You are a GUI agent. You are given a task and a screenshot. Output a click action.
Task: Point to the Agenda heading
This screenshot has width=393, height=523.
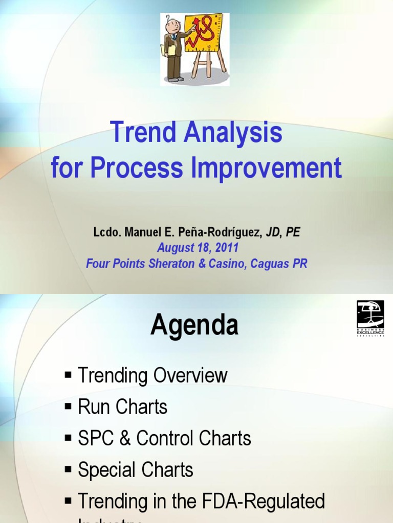click(x=194, y=325)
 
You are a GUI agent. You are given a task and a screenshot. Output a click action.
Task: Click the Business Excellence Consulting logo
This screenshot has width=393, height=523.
click(x=370, y=318)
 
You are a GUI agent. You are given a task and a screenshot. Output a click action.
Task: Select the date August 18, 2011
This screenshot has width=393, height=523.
click(x=198, y=248)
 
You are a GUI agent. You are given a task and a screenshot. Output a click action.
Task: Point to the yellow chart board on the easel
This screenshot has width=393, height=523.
click(x=203, y=33)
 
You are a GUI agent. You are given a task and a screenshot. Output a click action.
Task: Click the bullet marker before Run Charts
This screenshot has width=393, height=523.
click(x=69, y=407)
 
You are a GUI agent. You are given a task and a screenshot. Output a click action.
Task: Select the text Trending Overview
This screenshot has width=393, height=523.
click(x=152, y=375)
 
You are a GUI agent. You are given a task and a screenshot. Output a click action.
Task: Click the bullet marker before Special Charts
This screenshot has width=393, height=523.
click(x=69, y=470)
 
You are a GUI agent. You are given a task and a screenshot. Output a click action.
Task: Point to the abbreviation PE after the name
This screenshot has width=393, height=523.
click(x=293, y=232)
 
